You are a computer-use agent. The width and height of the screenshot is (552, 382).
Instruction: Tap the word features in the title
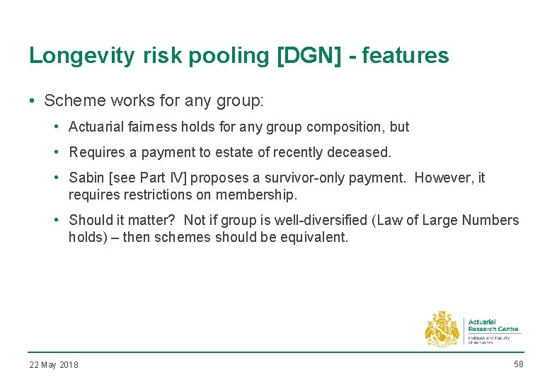click(x=406, y=56)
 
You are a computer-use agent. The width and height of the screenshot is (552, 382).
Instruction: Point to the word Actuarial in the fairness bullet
click(x=95, y=127)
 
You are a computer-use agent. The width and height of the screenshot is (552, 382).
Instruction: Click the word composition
click(x=345, y=127)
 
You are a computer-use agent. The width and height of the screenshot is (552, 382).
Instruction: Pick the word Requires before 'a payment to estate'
click(x=96, y=153)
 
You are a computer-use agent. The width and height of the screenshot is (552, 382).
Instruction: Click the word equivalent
click(x=314, y=237)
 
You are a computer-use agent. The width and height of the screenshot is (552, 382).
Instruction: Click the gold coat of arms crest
click(x=442, y=330)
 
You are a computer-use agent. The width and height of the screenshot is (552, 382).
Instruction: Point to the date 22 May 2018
click(x=54, y=365)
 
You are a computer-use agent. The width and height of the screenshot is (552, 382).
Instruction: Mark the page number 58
click(x=518, y=364)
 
